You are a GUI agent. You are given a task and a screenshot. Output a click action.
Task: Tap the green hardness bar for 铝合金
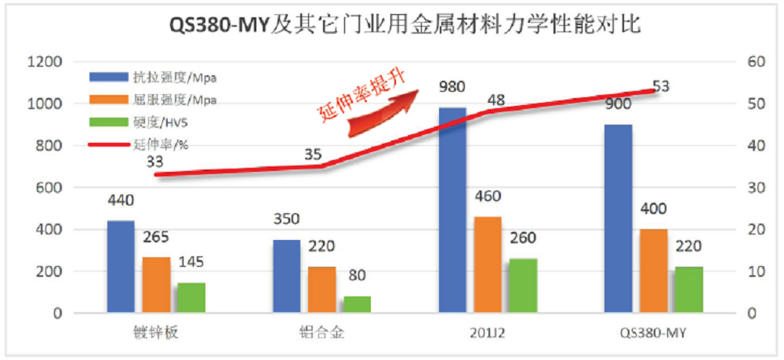pos(358,304)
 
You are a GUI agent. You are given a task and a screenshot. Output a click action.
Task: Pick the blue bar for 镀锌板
pos(121,267)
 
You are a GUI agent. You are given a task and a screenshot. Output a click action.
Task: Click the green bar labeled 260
pos(524,285)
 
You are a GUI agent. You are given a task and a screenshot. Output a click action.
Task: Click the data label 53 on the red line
pos(660,86)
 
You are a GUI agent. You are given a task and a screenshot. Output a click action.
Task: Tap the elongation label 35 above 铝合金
pos(312,154)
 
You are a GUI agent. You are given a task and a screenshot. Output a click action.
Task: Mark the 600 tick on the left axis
pos(48,187)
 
